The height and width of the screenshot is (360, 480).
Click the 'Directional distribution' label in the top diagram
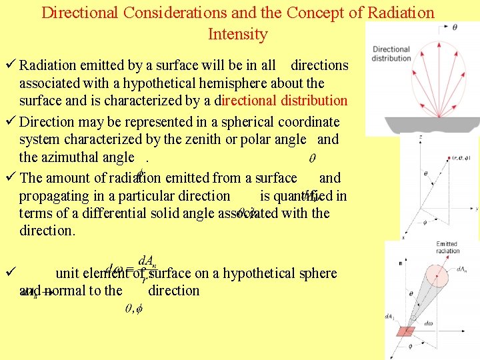click(391, 53)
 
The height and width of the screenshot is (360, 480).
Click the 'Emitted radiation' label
click(447, 248)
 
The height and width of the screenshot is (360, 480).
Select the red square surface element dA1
click(406, 331)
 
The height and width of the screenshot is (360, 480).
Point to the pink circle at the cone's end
click(437, 274)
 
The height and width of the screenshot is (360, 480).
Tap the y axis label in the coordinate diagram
click(476, 209)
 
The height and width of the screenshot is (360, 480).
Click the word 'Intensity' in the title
click(237, 34)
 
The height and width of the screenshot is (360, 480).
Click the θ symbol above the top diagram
click(455, 27)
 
